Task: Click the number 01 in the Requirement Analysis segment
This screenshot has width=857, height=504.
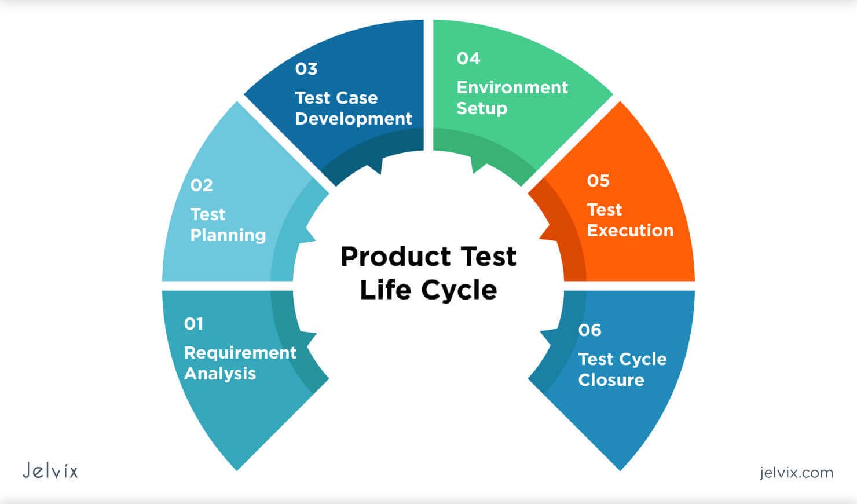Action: (193, 324)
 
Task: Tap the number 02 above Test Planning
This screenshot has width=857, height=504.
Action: (202, 185)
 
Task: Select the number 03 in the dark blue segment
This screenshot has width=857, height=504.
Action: (306, 69)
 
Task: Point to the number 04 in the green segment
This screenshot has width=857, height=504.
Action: (468, 59)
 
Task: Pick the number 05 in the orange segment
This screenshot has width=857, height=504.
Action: (598, 181)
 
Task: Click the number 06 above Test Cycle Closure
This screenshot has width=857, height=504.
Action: (589, 330)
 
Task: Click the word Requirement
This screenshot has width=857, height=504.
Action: (240, 353)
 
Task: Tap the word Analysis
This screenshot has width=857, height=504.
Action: (220, 374)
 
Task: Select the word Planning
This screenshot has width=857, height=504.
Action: (228, 235)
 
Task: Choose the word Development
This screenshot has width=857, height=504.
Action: (354, 119)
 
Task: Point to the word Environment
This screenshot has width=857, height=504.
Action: (512, 87)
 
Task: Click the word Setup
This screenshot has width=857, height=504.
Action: (482, 108)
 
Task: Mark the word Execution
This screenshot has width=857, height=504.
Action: (630, 231)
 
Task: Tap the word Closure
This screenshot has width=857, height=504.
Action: (611, 380)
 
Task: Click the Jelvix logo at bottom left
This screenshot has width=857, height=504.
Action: (50, 470)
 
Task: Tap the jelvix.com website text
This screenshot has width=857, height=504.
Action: (796, 473)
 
